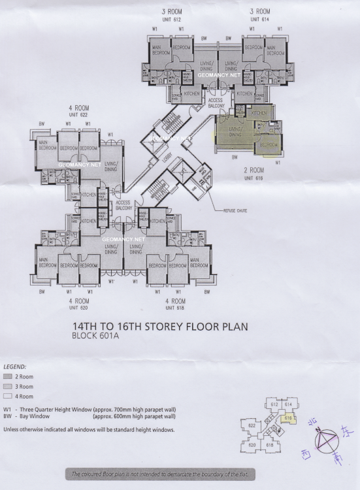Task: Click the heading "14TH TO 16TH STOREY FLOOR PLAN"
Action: point(160,326)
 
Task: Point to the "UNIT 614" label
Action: point(260,20)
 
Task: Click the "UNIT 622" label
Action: point(78,115)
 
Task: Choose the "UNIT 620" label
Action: point(79,307)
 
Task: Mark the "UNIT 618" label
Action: point(175,307)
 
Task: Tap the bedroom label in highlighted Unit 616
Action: point(269,144)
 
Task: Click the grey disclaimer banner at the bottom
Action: point(160,473)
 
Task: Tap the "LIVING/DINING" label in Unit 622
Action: point(110,166)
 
